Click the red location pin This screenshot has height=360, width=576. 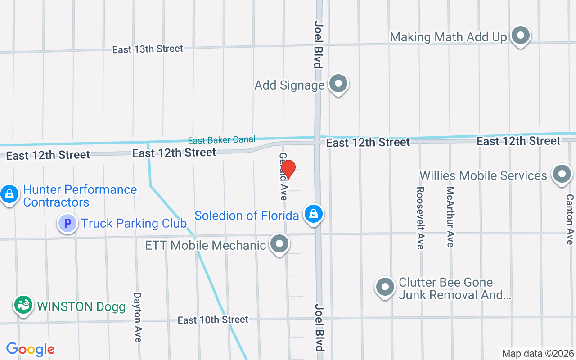(288, 170)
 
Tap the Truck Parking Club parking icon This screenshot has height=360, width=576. (67, 223)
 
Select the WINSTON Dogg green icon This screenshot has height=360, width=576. (23, 305)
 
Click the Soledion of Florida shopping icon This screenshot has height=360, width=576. (314, 214)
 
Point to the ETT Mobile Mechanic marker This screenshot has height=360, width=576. (279, 244)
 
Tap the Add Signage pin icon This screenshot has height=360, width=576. (338, 84)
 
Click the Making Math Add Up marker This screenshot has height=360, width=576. (521, 35)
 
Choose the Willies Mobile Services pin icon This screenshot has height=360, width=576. (561, 175)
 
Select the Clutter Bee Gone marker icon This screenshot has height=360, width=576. (385, 287)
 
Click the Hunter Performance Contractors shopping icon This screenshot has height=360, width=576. (9, 194)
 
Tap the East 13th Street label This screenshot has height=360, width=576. (148, 49)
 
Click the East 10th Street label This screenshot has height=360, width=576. (213, 320)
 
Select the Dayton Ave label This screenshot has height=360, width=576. (138, 317)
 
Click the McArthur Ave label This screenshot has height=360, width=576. (450, 217)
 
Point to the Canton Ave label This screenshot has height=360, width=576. (570, 219)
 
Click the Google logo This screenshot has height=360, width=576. (30, 349)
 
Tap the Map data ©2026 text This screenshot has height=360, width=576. (538, 353)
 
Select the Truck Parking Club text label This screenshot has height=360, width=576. (134, 223)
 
